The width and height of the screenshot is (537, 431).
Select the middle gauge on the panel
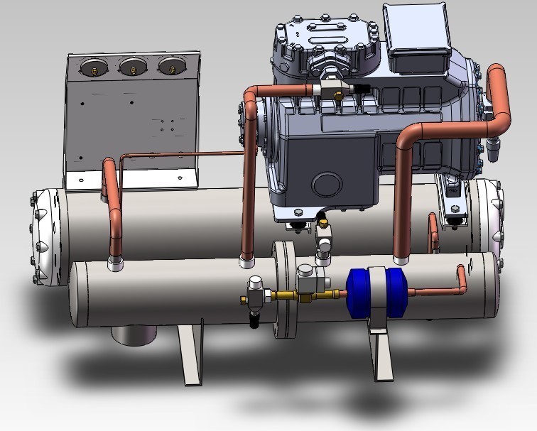click(x=131, y=67)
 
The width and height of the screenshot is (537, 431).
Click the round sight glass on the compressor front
click(x=331, y=183)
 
